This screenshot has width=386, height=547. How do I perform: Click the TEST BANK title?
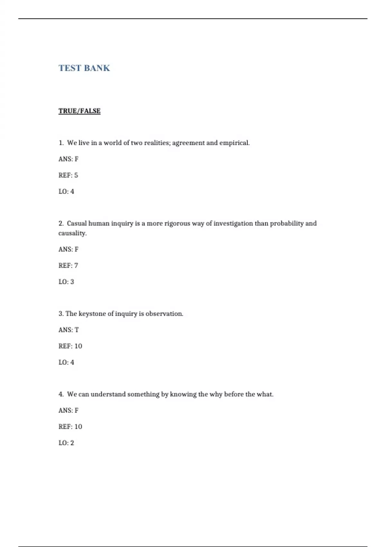pyautogui.click(x=84, y=68)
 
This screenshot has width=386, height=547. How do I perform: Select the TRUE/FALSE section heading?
pyautogui.click(x=79, y=111)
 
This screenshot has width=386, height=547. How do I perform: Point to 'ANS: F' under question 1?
pyautogui.click(x=69, y=159)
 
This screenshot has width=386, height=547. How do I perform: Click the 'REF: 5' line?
pyautogui.click(x=68, y=175)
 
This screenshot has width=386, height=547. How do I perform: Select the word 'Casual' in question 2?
pyautogui.click(x=77, y=223)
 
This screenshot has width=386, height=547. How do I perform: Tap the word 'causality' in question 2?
pyautogui.click(x=72, y=233)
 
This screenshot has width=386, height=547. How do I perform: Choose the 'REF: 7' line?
pyautogui.click(x=68, y=265)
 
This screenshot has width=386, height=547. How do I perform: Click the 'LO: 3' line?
pyautogui.click(x=66, y=282)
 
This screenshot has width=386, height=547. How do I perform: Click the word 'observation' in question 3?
pyautogui.click(x=164, y=314)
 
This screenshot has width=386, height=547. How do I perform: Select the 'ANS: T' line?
pyautogui.click(x=69, y=330)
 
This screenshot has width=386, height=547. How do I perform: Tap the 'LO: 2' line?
pyautogui.click(x=66, y=443)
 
